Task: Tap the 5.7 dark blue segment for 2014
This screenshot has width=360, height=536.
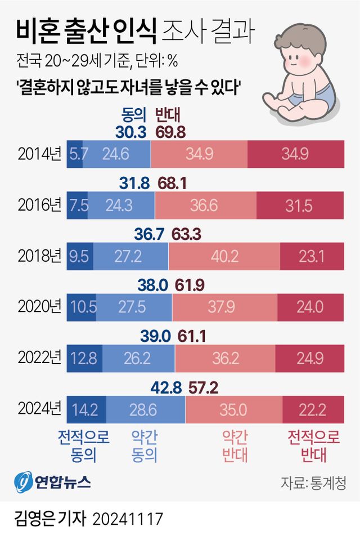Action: coord(75,154)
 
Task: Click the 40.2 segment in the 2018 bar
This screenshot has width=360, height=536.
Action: coord(223,256)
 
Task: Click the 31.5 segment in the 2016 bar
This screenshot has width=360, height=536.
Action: coord(299,205)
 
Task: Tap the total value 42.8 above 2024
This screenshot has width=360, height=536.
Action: coord(167,388)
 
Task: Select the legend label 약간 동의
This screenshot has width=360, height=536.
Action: coord(143,445)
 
